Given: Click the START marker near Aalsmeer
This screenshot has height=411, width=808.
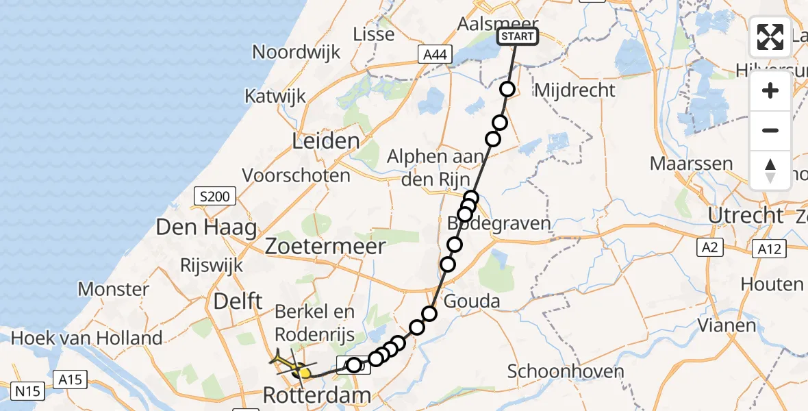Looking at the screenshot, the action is (x=517, y=36).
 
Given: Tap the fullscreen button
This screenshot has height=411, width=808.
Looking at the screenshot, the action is (x=770, y=37).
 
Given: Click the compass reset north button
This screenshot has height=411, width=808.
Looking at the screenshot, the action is (x=770, y=171).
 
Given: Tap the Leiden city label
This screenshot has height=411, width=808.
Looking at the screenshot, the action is (x=325, y=142).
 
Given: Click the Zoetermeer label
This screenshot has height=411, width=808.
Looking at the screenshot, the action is (x=326, y=246).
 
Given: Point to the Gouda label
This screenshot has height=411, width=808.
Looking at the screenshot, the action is (x=472, y=301).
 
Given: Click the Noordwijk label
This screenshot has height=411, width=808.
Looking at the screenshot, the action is (x=295, y=52).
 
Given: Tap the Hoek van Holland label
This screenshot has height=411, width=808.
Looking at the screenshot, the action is (x=86, y=338).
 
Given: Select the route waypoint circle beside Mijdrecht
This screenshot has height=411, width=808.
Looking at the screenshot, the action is (x=507, y=89).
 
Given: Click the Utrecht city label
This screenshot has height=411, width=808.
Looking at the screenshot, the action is (x=746, y=216).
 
